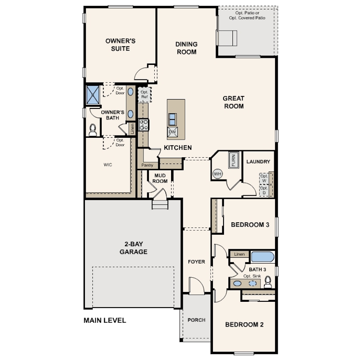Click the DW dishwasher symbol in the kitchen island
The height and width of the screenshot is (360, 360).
pyautogui.click(x=172, y=132)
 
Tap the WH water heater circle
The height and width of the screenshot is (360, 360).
pyautogui.click(x=217, y=174)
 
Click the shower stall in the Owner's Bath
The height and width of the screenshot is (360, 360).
pyautogui.click(x=93, y=95)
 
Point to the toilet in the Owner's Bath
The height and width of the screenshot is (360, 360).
pyautogui.click(x=93, y=130)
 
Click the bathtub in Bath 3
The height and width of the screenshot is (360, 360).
pyautogui.click(x=262, y=257)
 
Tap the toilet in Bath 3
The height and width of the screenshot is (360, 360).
pyautogui.click(x=268, y=282)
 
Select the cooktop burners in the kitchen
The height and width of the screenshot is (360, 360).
pyautogui.click(x=144, y=125)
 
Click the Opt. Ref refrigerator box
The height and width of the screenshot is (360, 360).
pyautogui.click(x=144, y=94)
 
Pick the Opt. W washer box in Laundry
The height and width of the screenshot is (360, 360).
pyautogui.click(x=264, y=178)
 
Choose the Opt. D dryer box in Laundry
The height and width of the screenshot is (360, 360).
pyautogui.click(x=264, y=190)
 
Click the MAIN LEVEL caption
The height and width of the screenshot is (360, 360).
pyautogui.click(x=105, y=320)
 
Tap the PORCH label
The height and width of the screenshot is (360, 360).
pyautogui.click(x=196, y=320)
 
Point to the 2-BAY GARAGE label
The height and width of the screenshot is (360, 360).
pyautogui.click(x=133, y=248)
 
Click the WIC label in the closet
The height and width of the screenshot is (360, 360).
pyautogui.click(x=108, y=164)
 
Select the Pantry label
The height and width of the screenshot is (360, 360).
pyautogui.click(x=147, y=165)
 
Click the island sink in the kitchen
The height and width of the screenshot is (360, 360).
pyautogui.click(x=172, y=120)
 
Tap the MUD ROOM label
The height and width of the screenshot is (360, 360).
pyautogui.click(x=160, y=178)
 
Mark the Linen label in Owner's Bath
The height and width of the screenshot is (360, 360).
pyautogui.click(x=132, y=129)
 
